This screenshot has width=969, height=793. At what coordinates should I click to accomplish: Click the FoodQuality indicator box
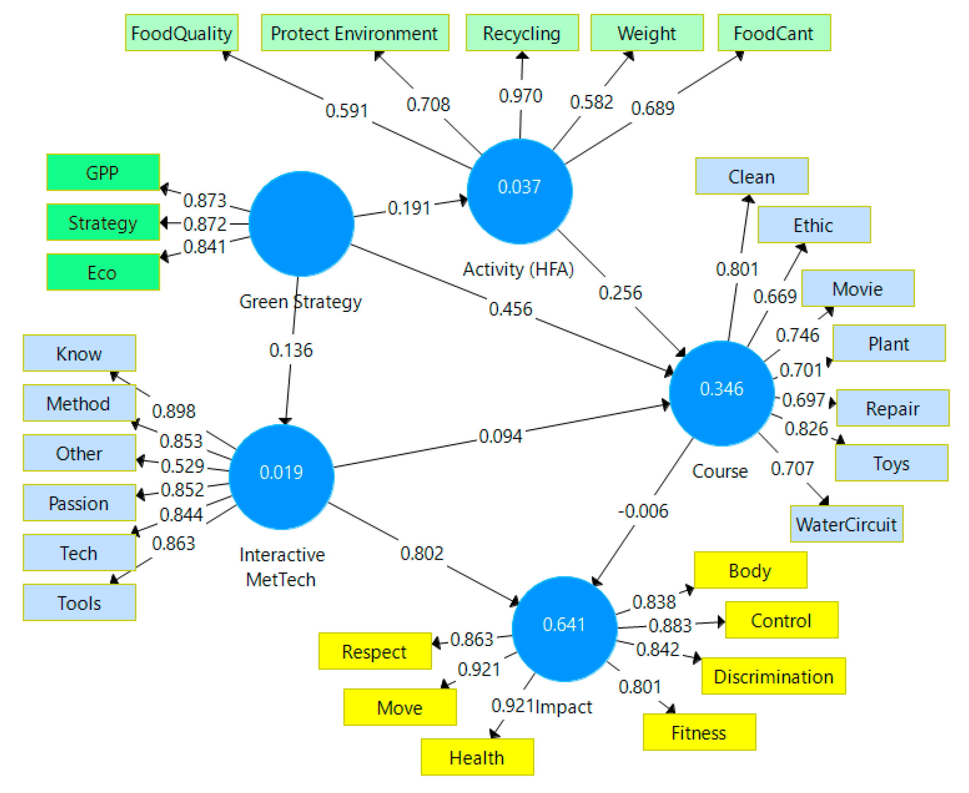(x=181, y=33)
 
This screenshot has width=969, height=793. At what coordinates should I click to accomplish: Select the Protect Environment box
(x=355, y=33)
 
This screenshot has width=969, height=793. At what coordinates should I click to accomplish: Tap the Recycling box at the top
(x=522, y=33)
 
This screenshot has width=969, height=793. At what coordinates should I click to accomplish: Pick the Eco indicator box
(x=103, y=272)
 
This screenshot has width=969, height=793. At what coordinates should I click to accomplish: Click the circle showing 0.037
(x=519, y=191)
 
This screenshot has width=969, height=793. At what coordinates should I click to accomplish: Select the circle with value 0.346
(x=721, y=393)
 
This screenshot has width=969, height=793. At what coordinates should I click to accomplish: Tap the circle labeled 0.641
(x=564, y=629)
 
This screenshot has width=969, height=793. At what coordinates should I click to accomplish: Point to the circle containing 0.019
(x=281, y=476)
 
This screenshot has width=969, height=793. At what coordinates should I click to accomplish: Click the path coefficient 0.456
(x=510, y=309)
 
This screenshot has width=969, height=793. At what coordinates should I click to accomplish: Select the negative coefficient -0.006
(x=643, y=511)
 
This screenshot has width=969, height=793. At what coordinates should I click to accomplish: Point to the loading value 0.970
(x=520, y=96)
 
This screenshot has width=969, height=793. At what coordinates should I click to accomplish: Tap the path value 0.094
(x=500, y=436)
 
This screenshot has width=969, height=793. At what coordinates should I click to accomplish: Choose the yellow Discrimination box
(x=773, y=677)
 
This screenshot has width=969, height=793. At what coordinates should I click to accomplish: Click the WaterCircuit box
(x=847, y=524)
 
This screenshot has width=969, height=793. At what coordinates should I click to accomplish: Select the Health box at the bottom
(x=477, y=757)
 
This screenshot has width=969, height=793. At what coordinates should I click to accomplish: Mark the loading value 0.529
(x=182, y=466)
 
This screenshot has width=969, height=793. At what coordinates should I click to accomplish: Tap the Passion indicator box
(x=79, y=503)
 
